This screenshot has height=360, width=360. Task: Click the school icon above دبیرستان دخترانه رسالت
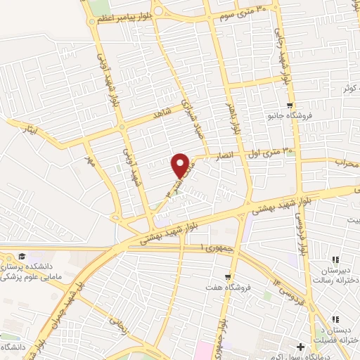336,259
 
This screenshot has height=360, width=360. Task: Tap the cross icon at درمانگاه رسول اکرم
301,347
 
